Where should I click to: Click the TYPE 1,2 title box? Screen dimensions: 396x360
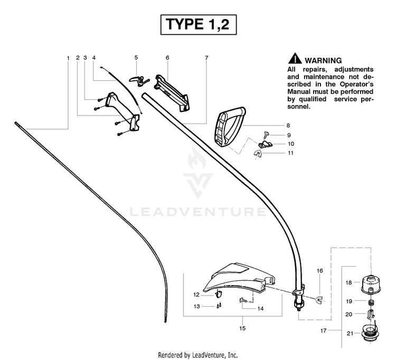tap(197, 24)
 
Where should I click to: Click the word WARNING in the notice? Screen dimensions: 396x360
tap(323, 61)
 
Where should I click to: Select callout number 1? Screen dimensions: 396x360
tap(68, 57)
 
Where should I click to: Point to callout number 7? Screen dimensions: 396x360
tap(206, 57)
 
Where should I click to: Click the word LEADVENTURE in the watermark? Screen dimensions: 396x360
tap(197, 212)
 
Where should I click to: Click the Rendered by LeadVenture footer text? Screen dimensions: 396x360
tap(197, 354)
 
